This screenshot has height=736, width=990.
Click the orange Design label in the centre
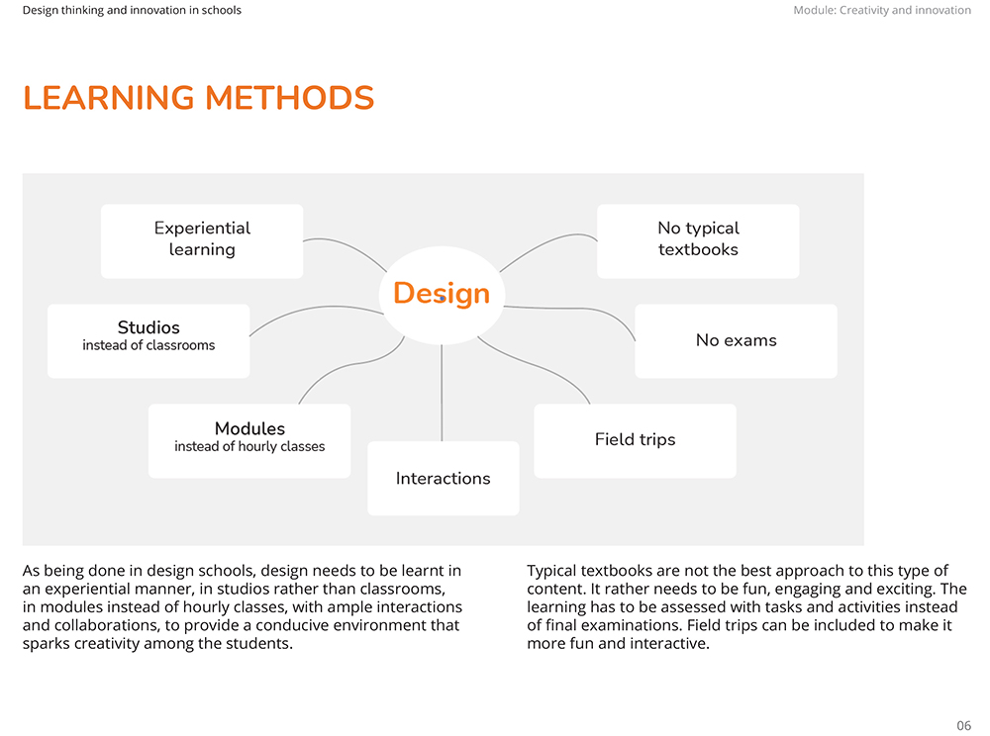442,293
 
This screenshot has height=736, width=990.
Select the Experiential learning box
202,241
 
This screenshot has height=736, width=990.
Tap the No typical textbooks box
698,241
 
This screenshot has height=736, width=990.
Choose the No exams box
737,341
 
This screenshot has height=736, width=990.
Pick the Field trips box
636,441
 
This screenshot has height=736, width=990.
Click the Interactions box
444,478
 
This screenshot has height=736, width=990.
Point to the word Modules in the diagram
250,429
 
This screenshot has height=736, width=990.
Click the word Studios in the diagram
149,328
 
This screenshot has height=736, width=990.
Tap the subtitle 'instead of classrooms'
148,345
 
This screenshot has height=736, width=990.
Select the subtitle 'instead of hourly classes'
249,446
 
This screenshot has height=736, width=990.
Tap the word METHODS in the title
290,98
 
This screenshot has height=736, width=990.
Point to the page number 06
963,725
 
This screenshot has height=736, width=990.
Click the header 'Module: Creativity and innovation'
882,10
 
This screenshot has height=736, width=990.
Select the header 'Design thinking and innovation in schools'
132,10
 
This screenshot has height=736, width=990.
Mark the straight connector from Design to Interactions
442,393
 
